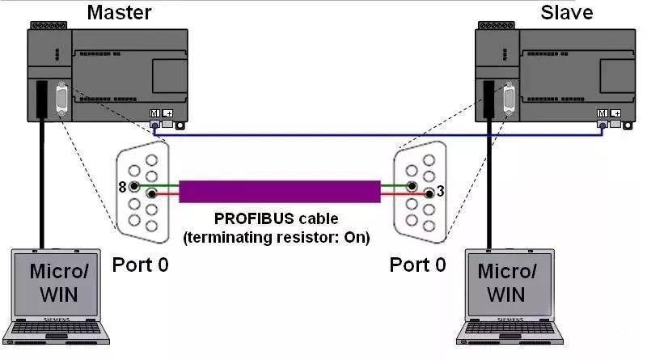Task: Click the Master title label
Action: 118,12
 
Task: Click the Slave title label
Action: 565,12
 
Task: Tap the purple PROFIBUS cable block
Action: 279,191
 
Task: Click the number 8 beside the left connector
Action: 122,187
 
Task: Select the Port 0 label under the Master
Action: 140,265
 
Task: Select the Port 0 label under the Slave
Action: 417,265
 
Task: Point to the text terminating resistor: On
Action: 277,238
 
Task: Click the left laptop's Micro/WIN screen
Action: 55,282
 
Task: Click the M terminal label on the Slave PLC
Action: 602,114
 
